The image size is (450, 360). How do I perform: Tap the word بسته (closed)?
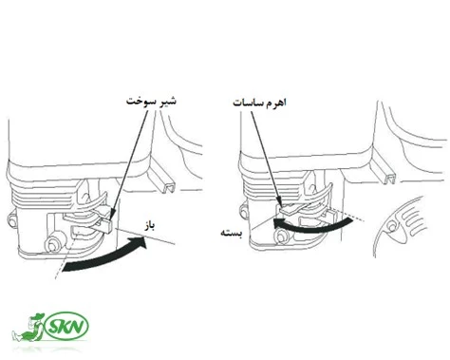pyautogui.click(x=234, y=231)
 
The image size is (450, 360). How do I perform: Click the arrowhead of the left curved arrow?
pyautogui.click(x=142, y=245)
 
